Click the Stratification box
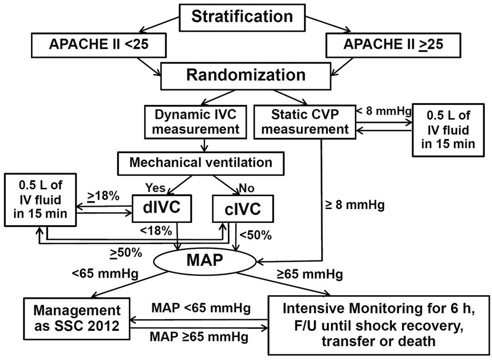(242, 17)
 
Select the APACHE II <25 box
(99, 45)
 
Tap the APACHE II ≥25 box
(393, 45)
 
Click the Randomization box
(246, 75)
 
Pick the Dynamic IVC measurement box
(195, 122)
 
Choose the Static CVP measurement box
(305, 122)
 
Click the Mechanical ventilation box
(201, 163)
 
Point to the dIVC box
(162, 208)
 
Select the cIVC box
(243, 209)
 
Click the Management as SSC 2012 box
(77, 318)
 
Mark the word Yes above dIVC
(156, 188)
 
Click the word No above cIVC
(247, 188)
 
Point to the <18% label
(156, 230)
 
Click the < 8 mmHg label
(384, 112)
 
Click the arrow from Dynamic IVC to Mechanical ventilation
(205, 145)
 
